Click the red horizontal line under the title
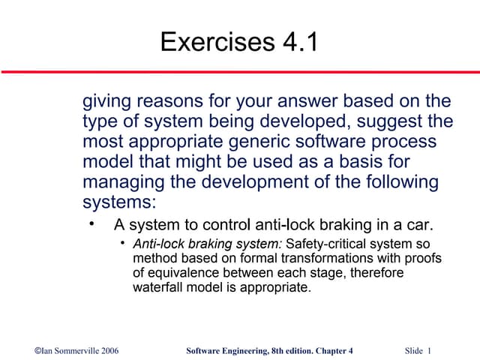pyautogui.click(x=240, y=72)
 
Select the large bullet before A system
pyautogui.click(x=91, y=224)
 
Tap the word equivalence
pyautogui.click(x=183, y=273)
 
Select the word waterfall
pyautogui.click(x=157, y=287)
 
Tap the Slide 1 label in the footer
pyautogui.click(x=418, y=350)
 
